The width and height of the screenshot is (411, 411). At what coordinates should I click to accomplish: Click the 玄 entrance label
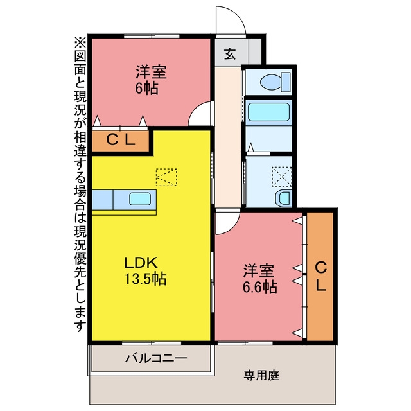click(x=230, y=54)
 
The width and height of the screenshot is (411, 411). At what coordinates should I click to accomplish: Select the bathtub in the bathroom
click(x=268, y=112)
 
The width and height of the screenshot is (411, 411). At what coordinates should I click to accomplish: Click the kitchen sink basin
click(x=140, y=199)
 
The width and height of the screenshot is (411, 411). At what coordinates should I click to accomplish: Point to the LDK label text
click(x=141, y=263)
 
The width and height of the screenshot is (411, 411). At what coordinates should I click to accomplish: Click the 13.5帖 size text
click(x=145, y=279)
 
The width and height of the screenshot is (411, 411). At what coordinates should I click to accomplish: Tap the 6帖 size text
click(x=147, y=89)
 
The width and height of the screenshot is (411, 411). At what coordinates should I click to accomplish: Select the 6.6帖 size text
click(x=259, y=287)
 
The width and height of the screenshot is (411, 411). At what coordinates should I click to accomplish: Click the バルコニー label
click(x=156, y=358)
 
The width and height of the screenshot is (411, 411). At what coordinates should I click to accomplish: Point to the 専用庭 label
click(x=261, y=375)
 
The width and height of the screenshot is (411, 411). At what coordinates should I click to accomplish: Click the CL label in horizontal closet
click(x=121, y=140)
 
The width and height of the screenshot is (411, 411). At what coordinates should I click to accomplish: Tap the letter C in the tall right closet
click(x=321, y=268)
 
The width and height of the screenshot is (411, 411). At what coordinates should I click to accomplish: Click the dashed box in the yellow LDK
click(x=166, y=177)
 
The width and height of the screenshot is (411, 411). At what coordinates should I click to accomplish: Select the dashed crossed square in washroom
click(x=282, y=177)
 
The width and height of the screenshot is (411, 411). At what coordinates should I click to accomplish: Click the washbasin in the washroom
click(x=284, y=198)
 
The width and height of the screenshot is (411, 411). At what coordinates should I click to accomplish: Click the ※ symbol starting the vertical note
click(x=80, y=42)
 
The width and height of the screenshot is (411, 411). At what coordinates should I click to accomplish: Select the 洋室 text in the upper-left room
click(x=152, y=72)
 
